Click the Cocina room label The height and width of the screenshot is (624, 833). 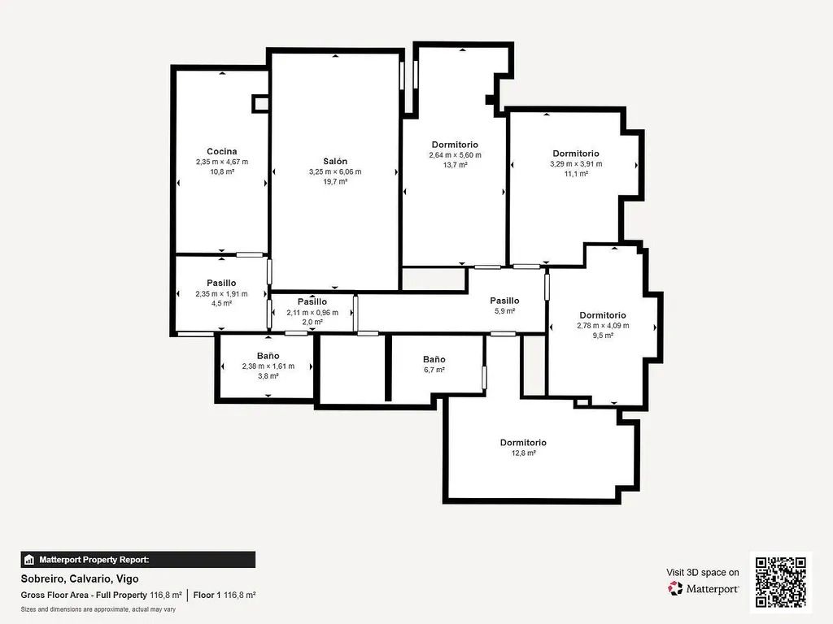tap(221, 151)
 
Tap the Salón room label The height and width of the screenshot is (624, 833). tap(334, 161)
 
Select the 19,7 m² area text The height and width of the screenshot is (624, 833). tap(334, 182)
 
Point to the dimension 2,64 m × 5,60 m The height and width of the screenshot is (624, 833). tap(455, 155)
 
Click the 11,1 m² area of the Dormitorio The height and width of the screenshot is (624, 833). tap(575, 174)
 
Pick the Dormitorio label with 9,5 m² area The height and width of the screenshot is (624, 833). tap(602, 315)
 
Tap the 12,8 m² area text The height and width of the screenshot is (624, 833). tap(523, 453)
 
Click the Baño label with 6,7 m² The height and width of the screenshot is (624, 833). tap(434, 359)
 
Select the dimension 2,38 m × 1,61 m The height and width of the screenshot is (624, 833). tap(268, 366)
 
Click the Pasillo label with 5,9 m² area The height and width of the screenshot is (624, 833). tap(504, 301)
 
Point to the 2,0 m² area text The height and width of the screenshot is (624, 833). tap(312, 323)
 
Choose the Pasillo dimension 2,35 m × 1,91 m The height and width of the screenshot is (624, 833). tap(221, 293)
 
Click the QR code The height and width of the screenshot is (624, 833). tap(781, 582)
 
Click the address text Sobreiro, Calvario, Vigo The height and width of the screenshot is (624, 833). tap(80, 579)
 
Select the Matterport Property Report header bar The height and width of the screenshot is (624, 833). tap(138, 560)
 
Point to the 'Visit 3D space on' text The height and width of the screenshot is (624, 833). tap(703, 572)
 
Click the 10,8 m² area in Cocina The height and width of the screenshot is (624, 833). tap(221, 172)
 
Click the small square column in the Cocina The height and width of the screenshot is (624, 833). tap(260, 103)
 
